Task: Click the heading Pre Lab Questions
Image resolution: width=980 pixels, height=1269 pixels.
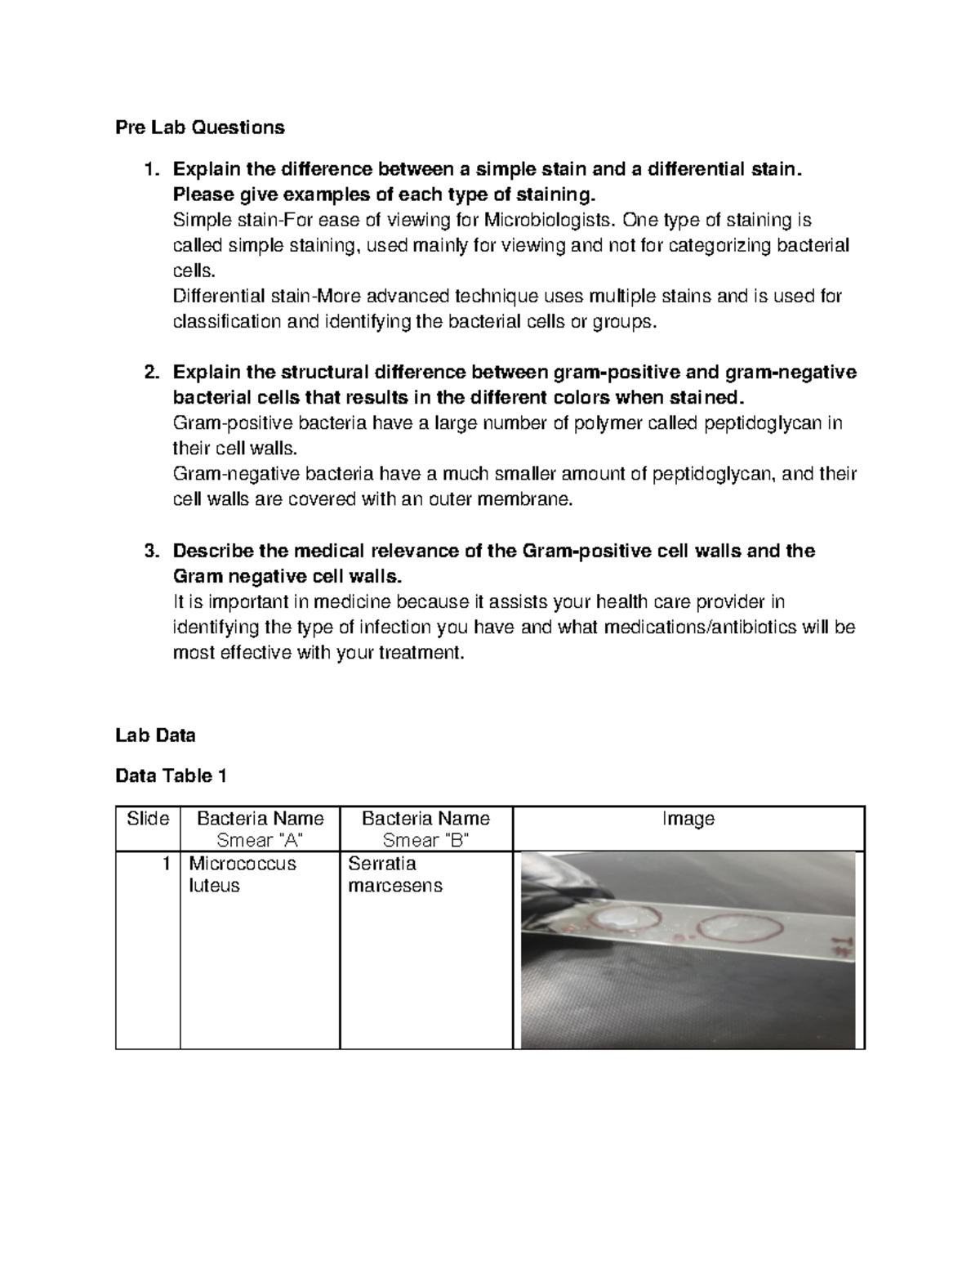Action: tap(199, 127)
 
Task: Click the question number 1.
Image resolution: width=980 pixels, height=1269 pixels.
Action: tap(149, 170)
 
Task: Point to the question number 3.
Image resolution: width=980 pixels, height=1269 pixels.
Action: tap(149, 552)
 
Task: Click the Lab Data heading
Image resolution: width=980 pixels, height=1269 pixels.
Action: tap(155, 735)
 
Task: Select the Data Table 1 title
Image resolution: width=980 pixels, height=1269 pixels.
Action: tap(171, 776)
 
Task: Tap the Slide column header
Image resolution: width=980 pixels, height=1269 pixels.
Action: tap(148, 819)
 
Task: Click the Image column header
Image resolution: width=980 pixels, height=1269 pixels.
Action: tap(688, 819)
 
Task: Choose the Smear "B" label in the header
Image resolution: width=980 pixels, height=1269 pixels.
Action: tap(425, 840)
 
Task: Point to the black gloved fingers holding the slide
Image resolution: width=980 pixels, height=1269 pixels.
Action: tap(563, 878)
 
